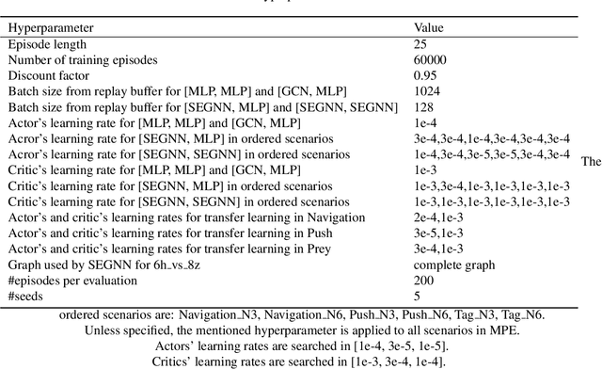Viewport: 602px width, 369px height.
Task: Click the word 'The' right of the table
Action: point(591,161)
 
